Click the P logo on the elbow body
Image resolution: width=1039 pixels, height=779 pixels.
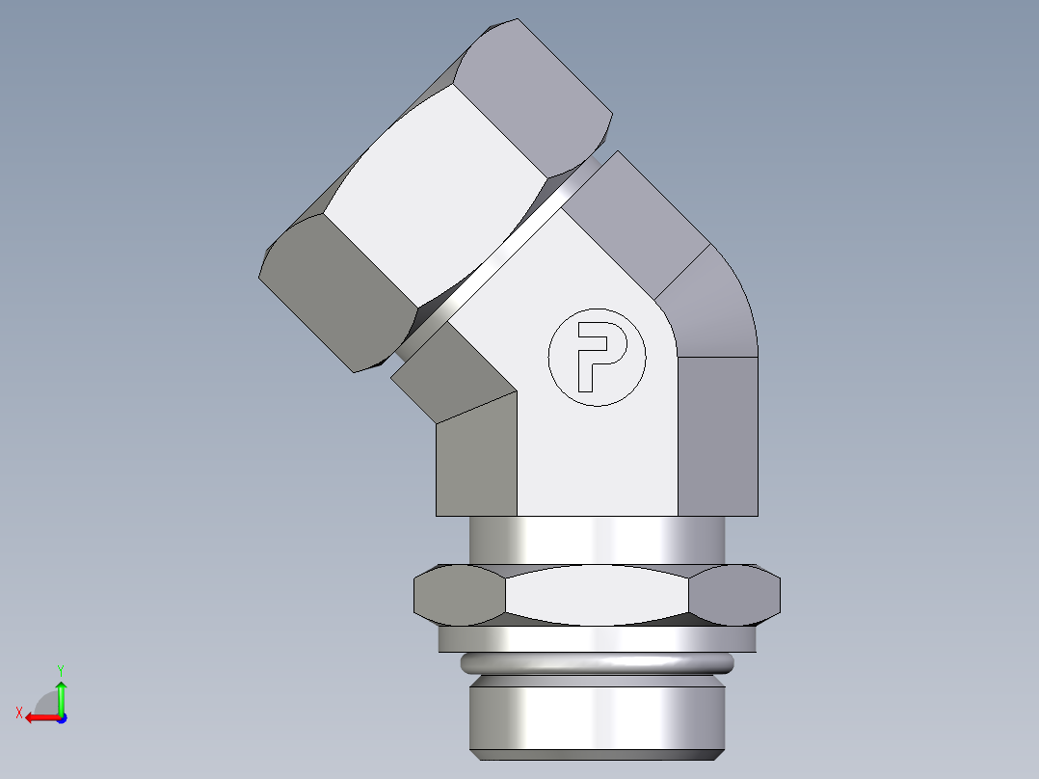click(x=597, y=356)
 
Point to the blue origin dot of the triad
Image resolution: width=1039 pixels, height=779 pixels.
click(x=61, y=717)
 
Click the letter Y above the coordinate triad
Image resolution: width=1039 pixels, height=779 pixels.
click(x=60, y=669)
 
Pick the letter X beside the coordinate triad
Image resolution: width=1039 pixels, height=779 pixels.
click(x=18, y=712)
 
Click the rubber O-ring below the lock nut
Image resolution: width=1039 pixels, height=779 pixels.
click(x=597, y=663)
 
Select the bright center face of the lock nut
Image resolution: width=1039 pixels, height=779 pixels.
click(x=597, y=595)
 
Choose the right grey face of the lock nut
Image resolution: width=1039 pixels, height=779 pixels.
click(x=734, y=593)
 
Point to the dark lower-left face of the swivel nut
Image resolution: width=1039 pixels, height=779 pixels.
click(x=337, y=294)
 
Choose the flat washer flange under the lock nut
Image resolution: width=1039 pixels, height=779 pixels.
click(x=597, y=638)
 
